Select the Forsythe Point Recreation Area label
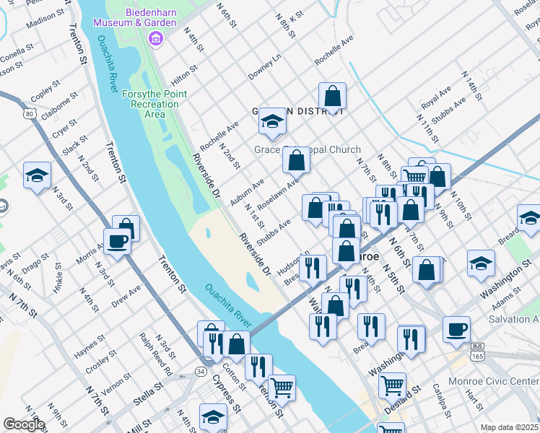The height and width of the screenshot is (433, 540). point(154,104)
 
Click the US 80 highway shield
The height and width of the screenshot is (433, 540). point(29,114)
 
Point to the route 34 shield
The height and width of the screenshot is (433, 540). point(200,371)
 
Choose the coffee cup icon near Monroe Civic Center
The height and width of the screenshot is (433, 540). point(456,329)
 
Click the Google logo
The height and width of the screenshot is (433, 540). point(23,424)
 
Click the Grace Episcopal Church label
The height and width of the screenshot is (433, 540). point(307,149)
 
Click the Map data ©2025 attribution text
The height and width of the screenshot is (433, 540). point(510,427)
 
